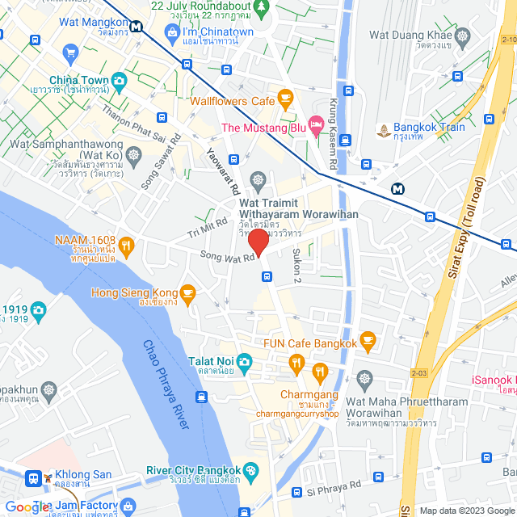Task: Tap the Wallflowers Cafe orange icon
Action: [x=284, y=99]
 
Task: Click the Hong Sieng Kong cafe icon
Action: [x=187, y=292]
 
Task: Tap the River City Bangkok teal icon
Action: [x=251, y=471]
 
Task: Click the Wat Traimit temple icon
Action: [x=258, y=179]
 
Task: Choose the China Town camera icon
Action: [x=120, y=80]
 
